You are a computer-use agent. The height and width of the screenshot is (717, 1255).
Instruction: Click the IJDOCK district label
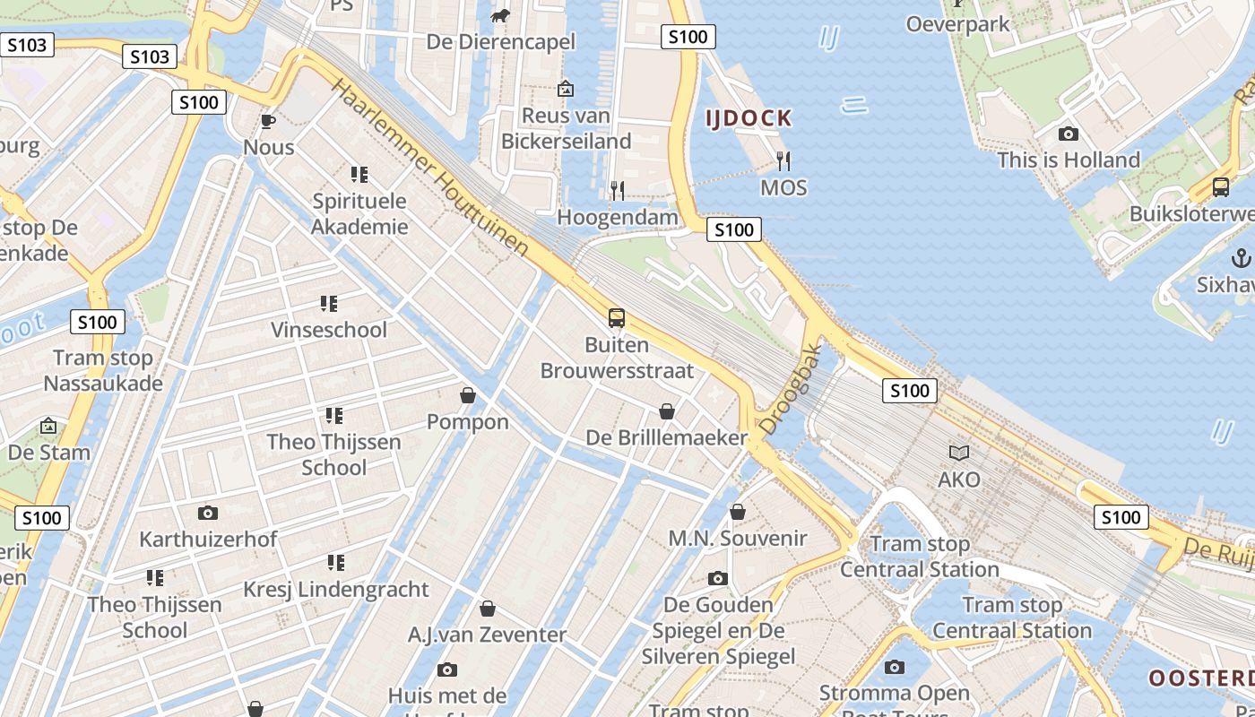(749, 117)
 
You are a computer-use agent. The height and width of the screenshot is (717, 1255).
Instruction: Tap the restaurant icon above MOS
(783, 161)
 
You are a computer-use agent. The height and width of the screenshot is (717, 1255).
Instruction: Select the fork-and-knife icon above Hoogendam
(618, 190)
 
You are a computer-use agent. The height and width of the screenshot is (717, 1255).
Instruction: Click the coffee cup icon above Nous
(267, 121)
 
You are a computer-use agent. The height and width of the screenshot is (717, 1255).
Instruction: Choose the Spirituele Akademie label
(359, 213)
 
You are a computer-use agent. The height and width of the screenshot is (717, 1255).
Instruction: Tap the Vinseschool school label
(329, 330)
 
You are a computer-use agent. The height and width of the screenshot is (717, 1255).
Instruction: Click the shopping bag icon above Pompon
(467, 395)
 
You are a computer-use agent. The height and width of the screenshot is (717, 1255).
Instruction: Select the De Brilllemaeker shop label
(666, 437)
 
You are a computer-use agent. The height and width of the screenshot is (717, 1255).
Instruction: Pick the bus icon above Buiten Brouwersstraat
(617, 318)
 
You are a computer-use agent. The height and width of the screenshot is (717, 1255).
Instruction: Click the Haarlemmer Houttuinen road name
(430, 168)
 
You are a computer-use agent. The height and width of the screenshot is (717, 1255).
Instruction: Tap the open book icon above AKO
(959, 454)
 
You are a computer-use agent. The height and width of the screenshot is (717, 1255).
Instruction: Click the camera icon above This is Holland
(1069, 134)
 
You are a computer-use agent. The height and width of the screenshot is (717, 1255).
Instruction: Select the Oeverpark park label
(957, 23)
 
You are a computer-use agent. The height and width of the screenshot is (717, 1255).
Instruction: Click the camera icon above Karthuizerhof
(208, 513)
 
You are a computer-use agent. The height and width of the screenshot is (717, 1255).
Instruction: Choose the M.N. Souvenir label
(738, 539)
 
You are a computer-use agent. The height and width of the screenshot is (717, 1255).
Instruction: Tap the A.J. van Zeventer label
(488, 635)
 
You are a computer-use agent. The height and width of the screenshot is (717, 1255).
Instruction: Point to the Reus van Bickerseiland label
(566, 128)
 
